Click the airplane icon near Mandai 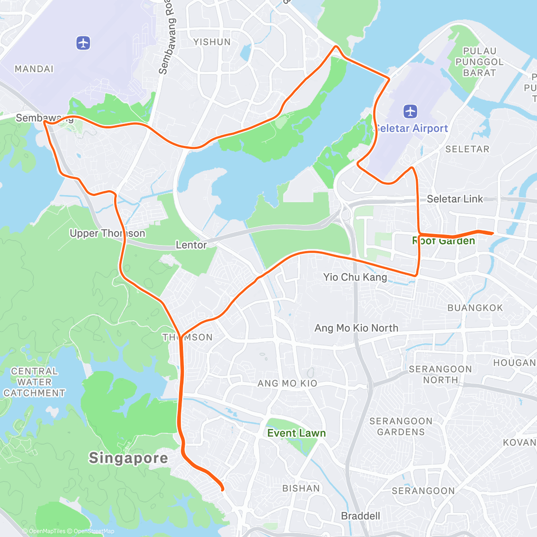(83, 43)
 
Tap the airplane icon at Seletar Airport (410, 111)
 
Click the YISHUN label (212, 42)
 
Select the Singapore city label (128, 458)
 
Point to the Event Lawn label (296, 433)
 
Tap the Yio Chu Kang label (355, 277)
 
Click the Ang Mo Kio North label (356, 328)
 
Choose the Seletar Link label (455, 199)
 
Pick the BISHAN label (301, 488)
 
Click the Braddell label (360, 516)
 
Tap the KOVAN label (520, 443)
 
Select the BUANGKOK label (475, 308)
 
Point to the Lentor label (191, 245)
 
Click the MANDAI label (34, 69)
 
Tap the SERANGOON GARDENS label (401, 426)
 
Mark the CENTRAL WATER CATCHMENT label (34, 382)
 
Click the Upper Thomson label (107, 233)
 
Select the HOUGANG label (515, 363)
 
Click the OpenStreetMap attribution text (94, 531)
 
